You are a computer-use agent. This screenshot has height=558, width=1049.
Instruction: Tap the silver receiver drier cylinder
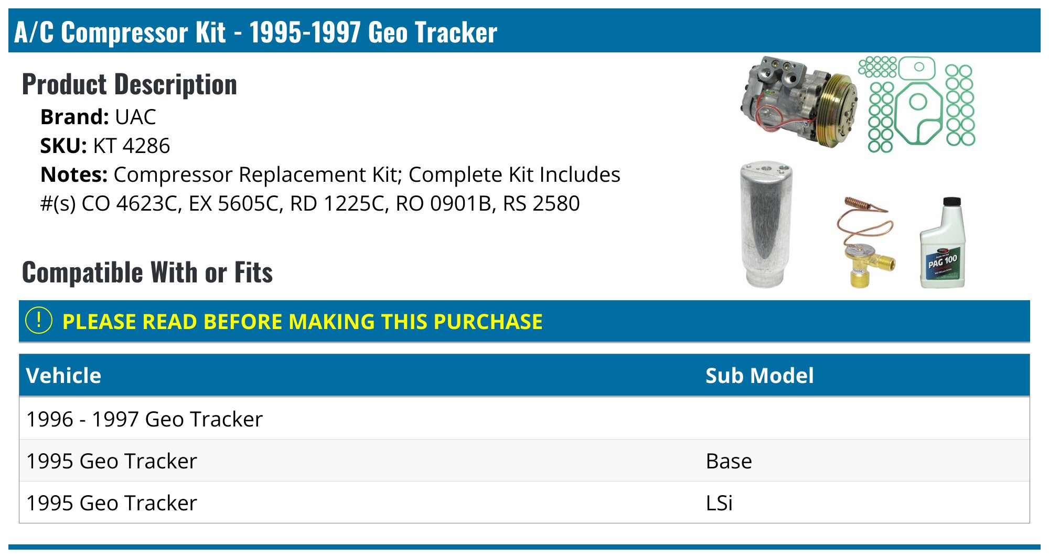(766, 225)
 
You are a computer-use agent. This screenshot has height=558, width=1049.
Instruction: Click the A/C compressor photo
(797, 102)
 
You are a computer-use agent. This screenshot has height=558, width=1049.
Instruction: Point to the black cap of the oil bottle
(952, 201)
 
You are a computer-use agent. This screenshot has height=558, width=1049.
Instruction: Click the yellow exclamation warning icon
(39, 321)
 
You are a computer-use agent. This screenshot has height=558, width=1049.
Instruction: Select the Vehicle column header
(63, 376)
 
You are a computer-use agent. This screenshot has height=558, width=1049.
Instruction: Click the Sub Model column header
(759, 376)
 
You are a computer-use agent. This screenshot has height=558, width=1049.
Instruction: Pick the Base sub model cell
(729, 461)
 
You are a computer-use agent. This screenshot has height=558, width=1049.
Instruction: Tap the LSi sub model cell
(719, 503)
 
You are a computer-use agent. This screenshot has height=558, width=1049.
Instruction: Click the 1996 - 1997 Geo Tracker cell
(144, 419)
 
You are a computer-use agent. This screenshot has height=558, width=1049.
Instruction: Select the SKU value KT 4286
(132, 146)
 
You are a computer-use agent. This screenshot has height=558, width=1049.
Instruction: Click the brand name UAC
(135, 117)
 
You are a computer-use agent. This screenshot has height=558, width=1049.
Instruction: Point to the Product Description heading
(130, 84)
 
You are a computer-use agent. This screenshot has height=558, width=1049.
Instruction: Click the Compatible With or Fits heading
(147, 272)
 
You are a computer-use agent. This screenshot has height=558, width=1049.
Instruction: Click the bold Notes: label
(74, 174)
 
